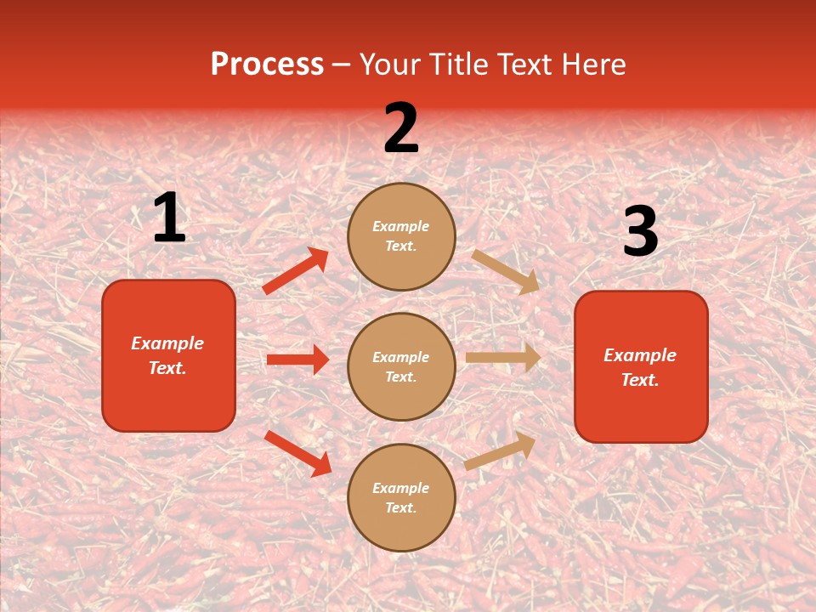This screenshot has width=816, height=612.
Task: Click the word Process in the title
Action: [267, 65]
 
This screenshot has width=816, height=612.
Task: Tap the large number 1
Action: [169, 218]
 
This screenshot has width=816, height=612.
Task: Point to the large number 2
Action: [401, 129]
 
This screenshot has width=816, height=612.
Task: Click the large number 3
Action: [640, 232]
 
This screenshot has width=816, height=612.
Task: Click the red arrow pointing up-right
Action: [296, 271]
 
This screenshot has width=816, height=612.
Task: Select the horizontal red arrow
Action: [297, 360]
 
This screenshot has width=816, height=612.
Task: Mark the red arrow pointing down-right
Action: [297, 452]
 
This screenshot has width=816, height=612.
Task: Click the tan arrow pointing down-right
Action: [506, 271]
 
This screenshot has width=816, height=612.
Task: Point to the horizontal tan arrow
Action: [503, 358]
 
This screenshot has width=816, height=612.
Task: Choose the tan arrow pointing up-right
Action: [500, 451]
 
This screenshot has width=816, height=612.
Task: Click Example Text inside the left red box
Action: [167, 355]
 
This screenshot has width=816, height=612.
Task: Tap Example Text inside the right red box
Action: [640, 367]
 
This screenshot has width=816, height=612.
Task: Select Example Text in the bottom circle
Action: [401, 498]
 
